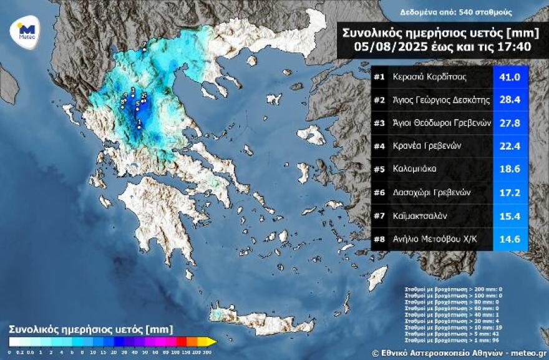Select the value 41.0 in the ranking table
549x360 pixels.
510,78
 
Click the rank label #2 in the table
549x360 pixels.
379,100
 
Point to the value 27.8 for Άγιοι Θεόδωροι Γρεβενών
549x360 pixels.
510,124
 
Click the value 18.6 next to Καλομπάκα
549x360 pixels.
510,169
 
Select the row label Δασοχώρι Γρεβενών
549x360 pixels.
431,192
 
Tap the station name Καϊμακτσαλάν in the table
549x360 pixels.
422,215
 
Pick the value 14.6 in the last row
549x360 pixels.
510,238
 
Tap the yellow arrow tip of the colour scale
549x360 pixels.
212,341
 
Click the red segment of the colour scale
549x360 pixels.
181,341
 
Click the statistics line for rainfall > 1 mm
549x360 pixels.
453,341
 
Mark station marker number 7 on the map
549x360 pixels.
144,44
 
